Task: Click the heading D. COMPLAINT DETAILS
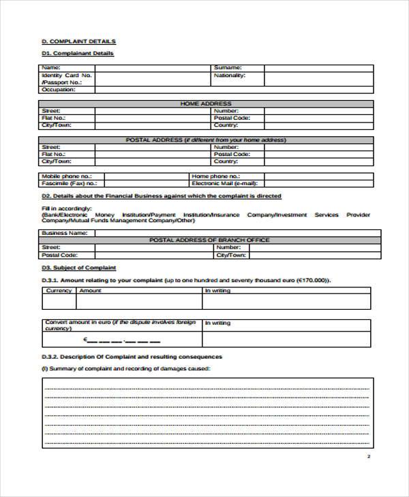pyautogui.click(x=78, y=42)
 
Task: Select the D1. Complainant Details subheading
pyautogui.click(x=78, y=53)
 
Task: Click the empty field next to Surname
pyautogui.click(x=318, y=68)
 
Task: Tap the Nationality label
pyautogui.click(x=229, y=76)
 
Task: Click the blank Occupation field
pyautogui.click(x=151, y=90)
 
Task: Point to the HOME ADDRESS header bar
pyautogui.click(x=207, y=103)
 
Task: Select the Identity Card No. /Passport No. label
pyautogui.click(x=67, y=79)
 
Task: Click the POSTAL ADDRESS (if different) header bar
pyautogui.click(x=207, y=140)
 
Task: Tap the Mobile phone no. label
pyautogui.click(x=65, y=176)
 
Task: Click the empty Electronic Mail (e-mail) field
pyautogui.click(x=318, y=183)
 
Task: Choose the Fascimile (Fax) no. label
pyautogui.click(x=69, y=183)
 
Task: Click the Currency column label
pyautogui.click(x=59, y=291)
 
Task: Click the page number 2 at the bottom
pyautogui.click(x=368, y=456)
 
